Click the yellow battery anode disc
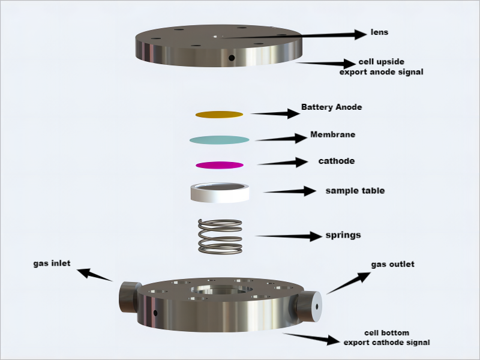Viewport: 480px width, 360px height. click(x=219, y=114)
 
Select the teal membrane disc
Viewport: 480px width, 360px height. click(x=219, y=140)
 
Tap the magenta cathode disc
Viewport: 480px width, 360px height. click(x=219, y=164)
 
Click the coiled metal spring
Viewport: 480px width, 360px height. click(x=220, y=236)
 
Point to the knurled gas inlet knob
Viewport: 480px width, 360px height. click(x=128, y=296)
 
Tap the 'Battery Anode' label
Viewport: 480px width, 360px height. click(x=331, y=107)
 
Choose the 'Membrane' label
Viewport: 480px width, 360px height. click(x=332, y=134)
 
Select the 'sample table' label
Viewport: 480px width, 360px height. click(x=355, y=191)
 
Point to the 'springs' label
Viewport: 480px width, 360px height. click(x=343, y=235)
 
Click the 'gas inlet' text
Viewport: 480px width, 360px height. click(x=53, y=263)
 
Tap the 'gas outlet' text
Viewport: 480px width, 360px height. click(x=392, y=264)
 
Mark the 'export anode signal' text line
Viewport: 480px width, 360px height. click(x=381, y=72)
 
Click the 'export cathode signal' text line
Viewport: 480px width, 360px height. click(x=386, y=343)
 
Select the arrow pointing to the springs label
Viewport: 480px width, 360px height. click(x=288, y=236)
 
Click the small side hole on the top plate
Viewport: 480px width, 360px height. click(x=232, y=58)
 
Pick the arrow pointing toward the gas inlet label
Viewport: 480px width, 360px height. click(x=96, y=275)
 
